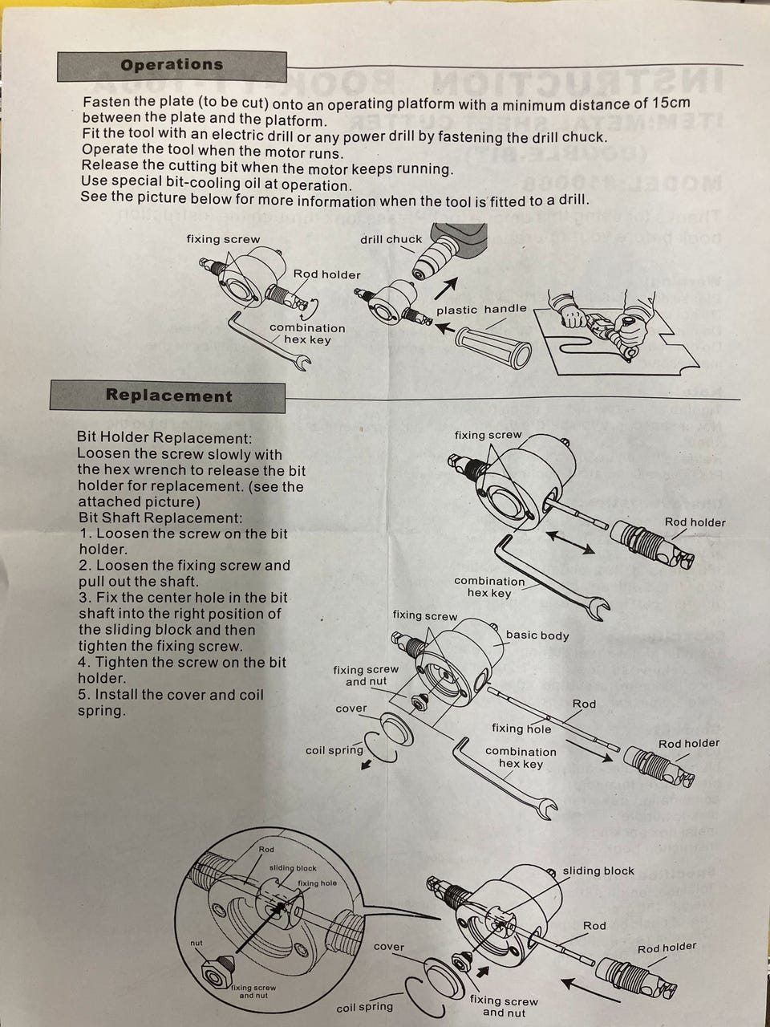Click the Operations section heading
(x=172, y=65)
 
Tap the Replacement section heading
(x=168, y=396)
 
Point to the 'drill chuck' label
(x=391, y=239)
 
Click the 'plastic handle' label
(x=481, y=309)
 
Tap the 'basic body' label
(x=537, y=635)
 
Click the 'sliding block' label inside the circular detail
(x=293, y=868)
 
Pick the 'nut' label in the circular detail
(x=197, y=943)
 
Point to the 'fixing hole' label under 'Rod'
(x=521, y=729)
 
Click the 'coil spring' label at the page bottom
(x=365, y=1007)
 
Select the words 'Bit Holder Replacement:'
(x=164, y=438)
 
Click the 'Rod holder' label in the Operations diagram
(x=326, y=274)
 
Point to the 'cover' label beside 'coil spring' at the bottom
(x=389, y=947)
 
